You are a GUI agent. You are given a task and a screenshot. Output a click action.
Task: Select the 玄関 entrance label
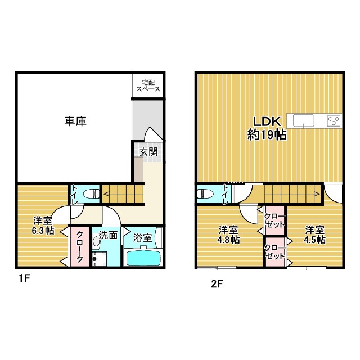coord(149,151)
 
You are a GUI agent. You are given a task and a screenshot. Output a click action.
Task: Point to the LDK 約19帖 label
coord(267,128)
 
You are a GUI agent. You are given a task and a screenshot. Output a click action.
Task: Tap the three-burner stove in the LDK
coord(334,120)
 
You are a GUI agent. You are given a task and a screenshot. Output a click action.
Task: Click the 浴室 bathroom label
coord(143,237)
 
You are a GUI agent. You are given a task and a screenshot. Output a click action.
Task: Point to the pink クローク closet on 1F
coord(79,247)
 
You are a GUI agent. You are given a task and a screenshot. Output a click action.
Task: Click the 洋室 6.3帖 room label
coord(43,225)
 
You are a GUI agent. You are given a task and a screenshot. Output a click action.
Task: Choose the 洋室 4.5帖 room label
coord(316,235)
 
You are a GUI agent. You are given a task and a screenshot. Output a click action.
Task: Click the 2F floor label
coord(217,283)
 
